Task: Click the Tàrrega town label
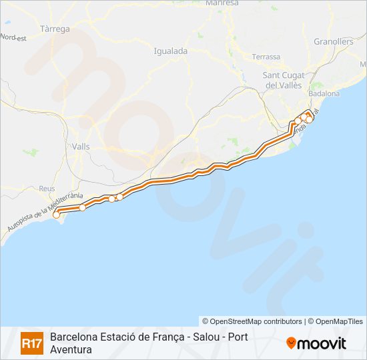tap(55, 29)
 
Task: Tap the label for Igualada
tap(170, 51)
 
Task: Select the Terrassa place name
tap(266, 57)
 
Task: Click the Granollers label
tap(334, 41)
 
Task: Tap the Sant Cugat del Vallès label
tap(284, 80)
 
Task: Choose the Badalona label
tap(324, 94)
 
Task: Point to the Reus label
tap(47, 189)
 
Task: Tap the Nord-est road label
tap(13, 37)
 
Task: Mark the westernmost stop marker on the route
tap(57, 214)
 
